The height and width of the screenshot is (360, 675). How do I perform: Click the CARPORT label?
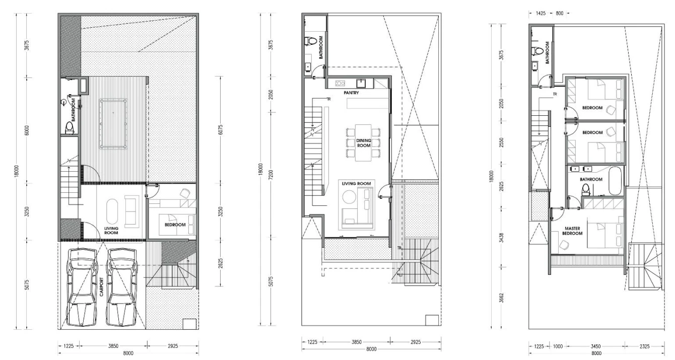click(x=101, y=287)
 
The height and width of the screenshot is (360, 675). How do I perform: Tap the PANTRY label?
click(x=352, y=93)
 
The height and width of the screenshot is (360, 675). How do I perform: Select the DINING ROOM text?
click(x=364, y=143)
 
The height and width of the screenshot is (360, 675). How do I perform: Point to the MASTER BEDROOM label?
click(x=573, y=231)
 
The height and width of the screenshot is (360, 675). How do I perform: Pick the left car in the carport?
click(x=83, y=287)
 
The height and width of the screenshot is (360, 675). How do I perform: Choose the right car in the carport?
click(x=122, y=287)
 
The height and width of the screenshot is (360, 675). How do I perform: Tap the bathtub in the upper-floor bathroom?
click(x=616, y=181)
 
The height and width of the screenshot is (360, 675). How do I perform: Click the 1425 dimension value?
click(x=541, y=13)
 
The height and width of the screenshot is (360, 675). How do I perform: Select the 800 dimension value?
click(x=559, y=13)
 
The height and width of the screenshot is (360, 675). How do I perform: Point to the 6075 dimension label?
click(x=221, y=130)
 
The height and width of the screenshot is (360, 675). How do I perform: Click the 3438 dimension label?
click(x=501, y=238)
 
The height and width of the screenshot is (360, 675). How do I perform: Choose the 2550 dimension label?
click(x=501, y=142)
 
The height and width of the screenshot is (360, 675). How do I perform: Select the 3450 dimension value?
click(x=595, y=346)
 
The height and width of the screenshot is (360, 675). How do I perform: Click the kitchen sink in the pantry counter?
click(x=361, y=83)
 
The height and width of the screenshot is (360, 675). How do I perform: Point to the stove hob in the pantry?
click(x=341, y=83)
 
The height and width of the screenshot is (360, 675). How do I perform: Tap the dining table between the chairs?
click(x=363, y=143)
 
